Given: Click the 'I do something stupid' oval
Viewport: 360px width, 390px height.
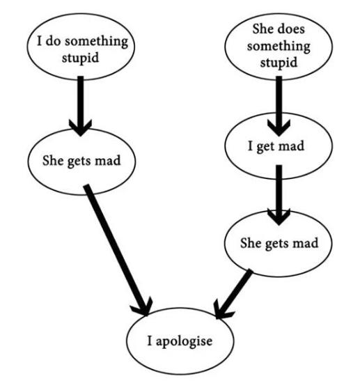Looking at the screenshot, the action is (x=81, y=47).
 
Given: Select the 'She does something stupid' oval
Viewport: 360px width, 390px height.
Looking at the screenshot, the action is (x=279, y=47).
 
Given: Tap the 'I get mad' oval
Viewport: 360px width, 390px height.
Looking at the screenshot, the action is (x=279, y=146).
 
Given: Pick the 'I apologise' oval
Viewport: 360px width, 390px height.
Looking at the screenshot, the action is (x=180, y=341).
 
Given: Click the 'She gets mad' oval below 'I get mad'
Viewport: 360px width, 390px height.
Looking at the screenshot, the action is (x=279, y=243).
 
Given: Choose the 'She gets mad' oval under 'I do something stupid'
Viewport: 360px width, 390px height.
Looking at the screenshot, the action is (x=81, y=161).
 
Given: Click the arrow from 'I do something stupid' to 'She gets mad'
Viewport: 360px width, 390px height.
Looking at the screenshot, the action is (x=80, y=106).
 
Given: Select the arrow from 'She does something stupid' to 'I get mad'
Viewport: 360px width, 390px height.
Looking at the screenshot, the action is (x=279, y=106).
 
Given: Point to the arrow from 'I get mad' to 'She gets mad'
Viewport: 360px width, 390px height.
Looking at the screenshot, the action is (x=279, y=195).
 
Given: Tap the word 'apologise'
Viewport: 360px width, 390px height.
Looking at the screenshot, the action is (x=185, y=341).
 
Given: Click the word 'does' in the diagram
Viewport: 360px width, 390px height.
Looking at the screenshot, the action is (x=292, y=29).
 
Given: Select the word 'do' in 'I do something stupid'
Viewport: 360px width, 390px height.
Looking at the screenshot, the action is (x=53, y=41).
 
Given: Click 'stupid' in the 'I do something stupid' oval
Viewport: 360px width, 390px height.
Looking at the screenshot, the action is (x=80, y=58).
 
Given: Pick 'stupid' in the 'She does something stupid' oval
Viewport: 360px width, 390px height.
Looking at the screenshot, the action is (x=279, y=63).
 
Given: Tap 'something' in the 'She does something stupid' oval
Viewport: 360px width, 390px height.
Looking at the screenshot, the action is (x=279, y=47).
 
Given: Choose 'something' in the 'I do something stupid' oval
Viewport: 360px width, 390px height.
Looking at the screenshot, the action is (x=97, y=42).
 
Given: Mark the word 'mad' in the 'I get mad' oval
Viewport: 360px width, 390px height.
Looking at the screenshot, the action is (x=291, y=146).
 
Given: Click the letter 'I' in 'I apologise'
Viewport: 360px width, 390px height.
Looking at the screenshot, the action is (x=150, y=341).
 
